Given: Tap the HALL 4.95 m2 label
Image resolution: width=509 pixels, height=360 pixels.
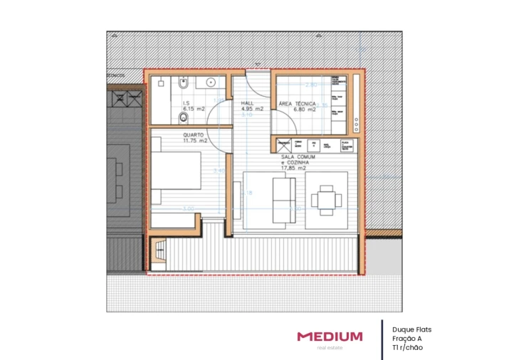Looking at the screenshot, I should click(252, 107).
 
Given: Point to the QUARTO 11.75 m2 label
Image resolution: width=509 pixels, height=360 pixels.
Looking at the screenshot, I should click(194, 137).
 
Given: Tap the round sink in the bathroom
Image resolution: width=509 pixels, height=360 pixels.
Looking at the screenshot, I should click(211, 83).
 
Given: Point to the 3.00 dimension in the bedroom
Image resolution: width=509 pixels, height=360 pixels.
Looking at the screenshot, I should click(188, 208).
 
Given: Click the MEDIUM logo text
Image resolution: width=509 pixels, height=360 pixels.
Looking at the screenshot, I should click(330, 336).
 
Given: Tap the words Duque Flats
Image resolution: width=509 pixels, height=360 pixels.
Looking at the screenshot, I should click(411, 329).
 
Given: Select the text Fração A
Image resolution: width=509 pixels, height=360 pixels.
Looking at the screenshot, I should click(406, 339).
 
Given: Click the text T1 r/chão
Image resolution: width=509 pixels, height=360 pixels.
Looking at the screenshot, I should click(407, 348).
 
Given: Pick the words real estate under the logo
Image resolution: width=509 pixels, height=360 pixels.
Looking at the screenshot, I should click(330, 348).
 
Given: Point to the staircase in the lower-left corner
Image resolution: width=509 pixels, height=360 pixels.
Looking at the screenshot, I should click(160, 254).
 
